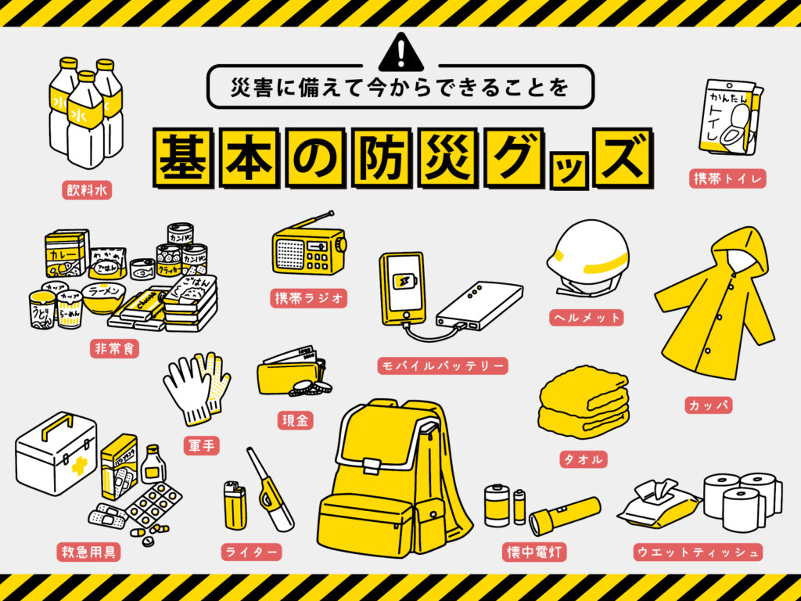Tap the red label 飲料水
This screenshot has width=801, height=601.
[87, 189]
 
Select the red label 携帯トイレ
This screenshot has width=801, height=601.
[727, 178]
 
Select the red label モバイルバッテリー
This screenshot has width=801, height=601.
[442, 365]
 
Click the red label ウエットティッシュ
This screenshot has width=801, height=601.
[696, 552]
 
